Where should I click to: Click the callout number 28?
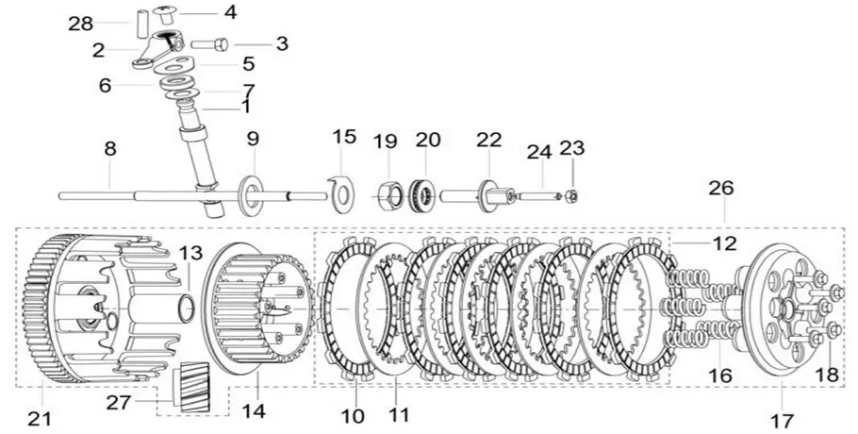click(x=80, y=25)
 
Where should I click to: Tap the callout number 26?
click(x=721, y=189)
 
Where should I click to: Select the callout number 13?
click(x=190, y=254)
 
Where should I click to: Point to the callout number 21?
click(x=40, y=419)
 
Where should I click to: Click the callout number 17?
click(x=783, y=421)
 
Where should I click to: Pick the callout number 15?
click(x=345, y=137)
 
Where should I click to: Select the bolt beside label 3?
click(x=209, y=43)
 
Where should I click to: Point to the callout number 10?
click(x=354, y=416)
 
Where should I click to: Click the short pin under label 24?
click(x=539, y=195)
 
